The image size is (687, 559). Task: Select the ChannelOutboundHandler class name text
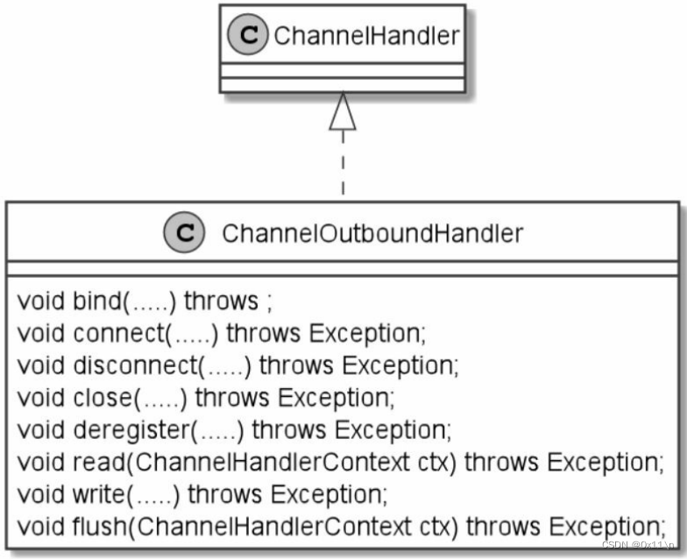click(372, 233)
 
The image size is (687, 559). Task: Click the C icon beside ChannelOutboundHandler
click(185, 233)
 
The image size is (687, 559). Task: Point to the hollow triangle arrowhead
click(343, 113)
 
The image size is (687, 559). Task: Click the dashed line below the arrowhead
click(343, 166)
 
